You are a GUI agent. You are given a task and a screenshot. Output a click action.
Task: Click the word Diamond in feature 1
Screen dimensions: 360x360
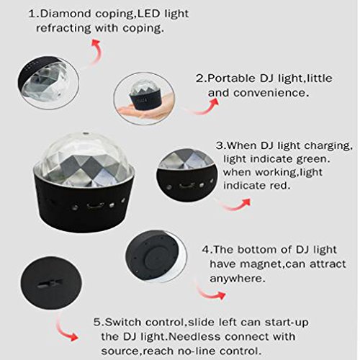[x=66, y=14]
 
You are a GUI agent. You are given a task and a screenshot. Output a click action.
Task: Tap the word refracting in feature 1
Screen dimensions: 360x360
[x=63, y=28]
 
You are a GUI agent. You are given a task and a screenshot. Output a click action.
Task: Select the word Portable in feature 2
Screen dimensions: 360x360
[x=231, y=78]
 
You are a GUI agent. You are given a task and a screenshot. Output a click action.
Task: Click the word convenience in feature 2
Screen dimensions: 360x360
[x=271, y=93]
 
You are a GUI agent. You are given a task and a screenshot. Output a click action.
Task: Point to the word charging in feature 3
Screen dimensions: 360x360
[x=328, y=146]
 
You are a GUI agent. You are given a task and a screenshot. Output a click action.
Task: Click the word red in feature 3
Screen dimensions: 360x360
[x=279, y=185]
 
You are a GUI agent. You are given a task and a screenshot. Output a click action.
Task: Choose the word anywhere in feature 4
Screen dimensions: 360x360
[x=238, y=279]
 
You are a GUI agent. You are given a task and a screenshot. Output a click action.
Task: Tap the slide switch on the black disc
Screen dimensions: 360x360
[x=50, y=283]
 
